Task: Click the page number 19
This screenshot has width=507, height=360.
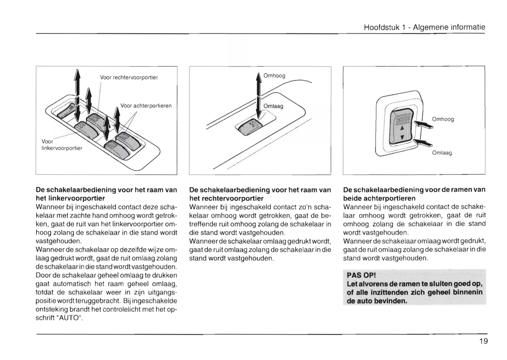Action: click(x=483, y=341)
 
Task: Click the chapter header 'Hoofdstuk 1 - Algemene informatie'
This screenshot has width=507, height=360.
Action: click(x=424, y=27)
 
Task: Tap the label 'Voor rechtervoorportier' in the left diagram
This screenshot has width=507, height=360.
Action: click(x=129, y=78)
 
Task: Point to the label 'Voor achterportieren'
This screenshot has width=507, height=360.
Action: click(x=146, y=106)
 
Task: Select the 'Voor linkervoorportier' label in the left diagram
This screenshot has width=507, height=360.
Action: click(x=62, y=145)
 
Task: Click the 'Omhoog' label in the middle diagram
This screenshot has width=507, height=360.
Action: click(x=274, y=76)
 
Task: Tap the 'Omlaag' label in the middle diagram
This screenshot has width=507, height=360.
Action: click(x=273, y=106)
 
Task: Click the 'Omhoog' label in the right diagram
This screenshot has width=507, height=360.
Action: click(x=443, y=119)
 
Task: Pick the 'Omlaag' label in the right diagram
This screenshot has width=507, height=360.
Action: click(x=442, y=153)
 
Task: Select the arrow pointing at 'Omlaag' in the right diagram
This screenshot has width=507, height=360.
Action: click(x=423, y=142)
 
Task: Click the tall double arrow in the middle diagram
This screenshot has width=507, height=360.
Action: click(x=259, y=95)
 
